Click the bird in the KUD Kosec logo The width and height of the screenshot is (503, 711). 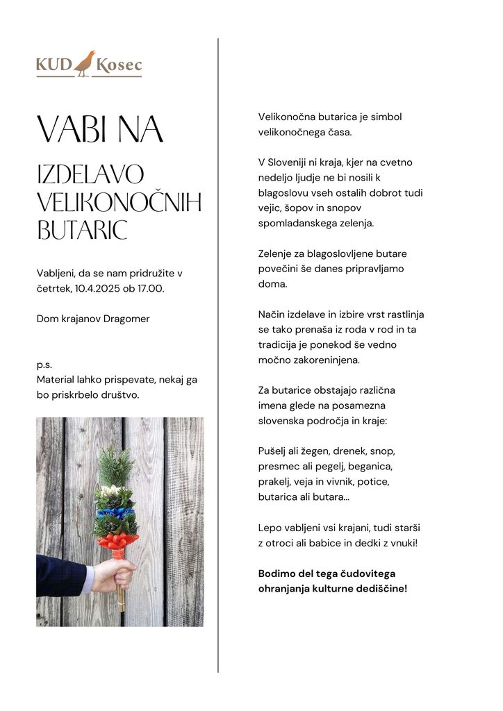click(x=85, y=63)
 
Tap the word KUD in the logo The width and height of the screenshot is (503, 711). click(x=54, y=66)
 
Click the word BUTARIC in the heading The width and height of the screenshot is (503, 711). click(x=82, y=231)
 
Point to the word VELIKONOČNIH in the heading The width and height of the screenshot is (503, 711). click(x=118, y=203)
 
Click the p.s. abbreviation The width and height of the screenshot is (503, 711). click(x=44, y=364)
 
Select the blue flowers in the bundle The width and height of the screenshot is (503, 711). click(x=117, y=514)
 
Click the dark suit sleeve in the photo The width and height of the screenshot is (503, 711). click(x=61, y=576)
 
